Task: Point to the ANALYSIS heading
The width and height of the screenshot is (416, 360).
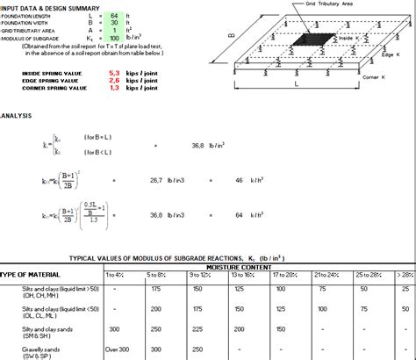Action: (x=18, y=114)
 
